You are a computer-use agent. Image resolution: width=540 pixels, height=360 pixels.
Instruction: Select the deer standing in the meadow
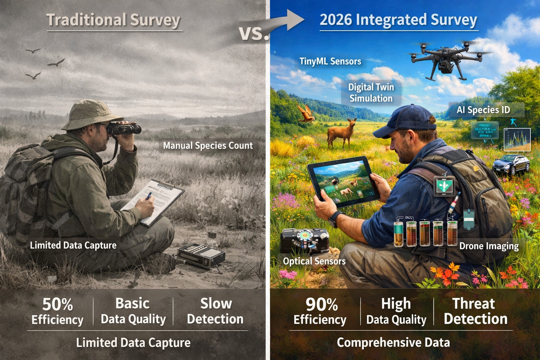[341, 133]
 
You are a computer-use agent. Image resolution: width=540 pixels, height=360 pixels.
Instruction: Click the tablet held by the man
[343, 181]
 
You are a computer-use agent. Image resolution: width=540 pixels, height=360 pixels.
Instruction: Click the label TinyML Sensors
[330, 62]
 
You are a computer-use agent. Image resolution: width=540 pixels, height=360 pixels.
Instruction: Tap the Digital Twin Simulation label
[371, 92]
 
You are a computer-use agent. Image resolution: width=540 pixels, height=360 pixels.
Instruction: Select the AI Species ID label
[483, 110]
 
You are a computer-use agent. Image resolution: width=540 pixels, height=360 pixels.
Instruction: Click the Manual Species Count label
[208, 146]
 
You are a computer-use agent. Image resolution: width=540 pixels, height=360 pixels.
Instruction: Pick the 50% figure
[58, 304]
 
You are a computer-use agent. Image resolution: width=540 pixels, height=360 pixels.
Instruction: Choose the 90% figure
[321, 304]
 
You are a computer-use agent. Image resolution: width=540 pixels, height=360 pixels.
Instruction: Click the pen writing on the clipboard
[149, 196]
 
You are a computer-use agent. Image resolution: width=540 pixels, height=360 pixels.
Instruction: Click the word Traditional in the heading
[86, 20]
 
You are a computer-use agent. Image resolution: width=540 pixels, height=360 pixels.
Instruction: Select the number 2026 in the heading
[336, 20]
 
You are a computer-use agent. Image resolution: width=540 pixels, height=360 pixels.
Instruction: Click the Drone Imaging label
[489, 246]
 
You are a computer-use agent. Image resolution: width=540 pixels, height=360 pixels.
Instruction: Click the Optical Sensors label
[314, 261]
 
